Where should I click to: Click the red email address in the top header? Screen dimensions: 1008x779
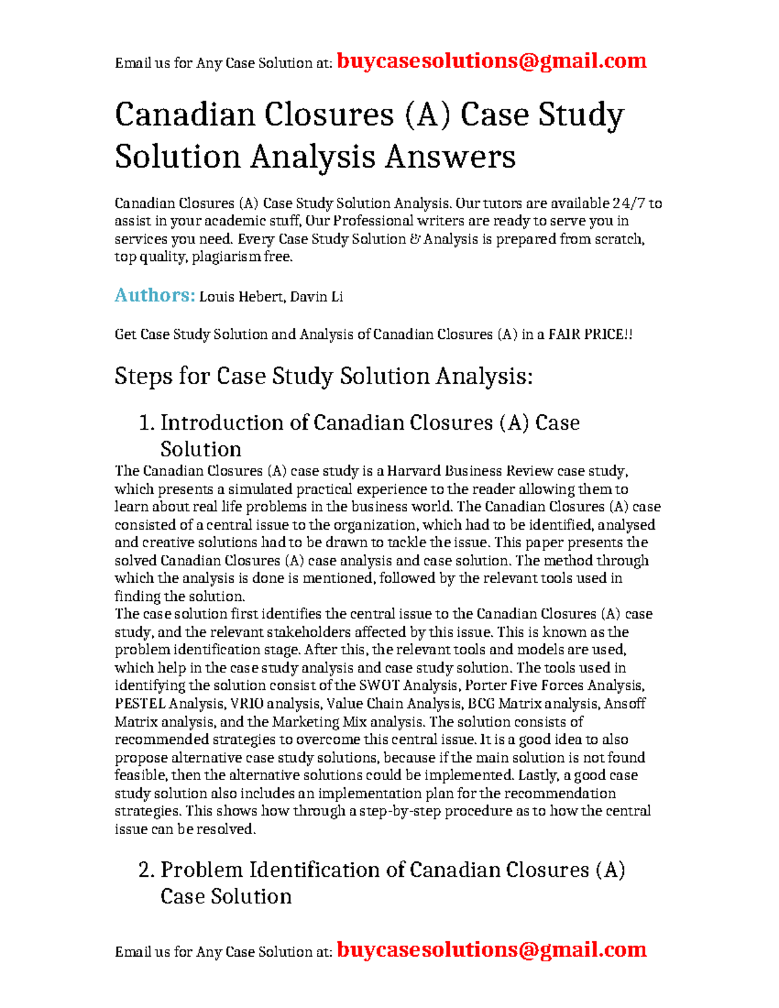pyautogui.click(x=491, y=61)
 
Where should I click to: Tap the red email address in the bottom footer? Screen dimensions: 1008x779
pyautogui.click(x=491, y=950)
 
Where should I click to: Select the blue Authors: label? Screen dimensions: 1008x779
pyautogui.click(x=155, y=295)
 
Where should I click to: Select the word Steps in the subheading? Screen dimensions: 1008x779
pyautogui.click(x=143, y=376)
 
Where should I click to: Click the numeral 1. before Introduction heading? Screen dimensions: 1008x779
pyautogui.click(x=147, y=423)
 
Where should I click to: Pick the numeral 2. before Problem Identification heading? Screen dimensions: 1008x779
pyautogui.click(x=147, y=870)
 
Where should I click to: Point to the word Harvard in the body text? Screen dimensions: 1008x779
pyautogui.click(x=414, y=471)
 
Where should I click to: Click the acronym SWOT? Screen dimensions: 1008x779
pyautogui.click(x=379, y=685)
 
